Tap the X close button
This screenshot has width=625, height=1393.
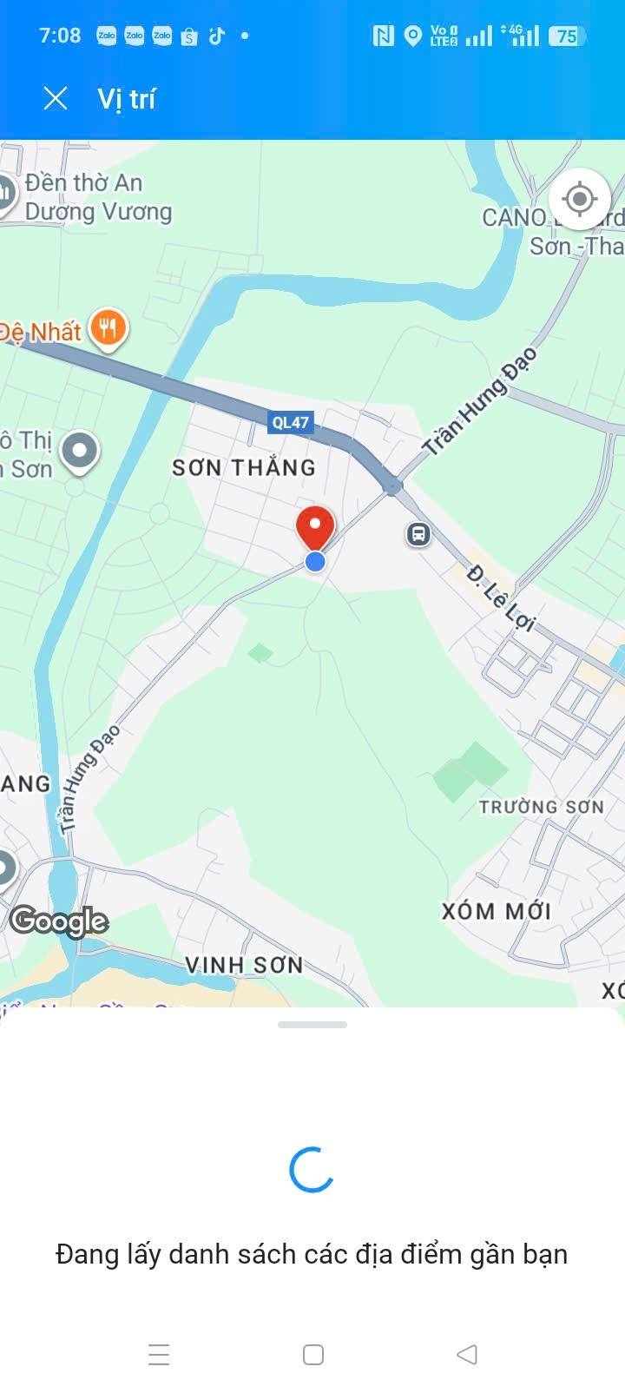coord(56,99)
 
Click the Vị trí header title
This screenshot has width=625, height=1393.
coord(126,99)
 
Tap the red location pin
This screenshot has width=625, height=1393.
coord(315,525)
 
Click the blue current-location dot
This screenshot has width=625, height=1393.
coord(315,562)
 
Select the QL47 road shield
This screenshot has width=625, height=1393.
coord(290,423)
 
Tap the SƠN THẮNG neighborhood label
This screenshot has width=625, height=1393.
coord(244,468)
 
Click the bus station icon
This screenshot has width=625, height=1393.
coord(418,533)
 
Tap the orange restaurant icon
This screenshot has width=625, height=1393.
coord(108,329)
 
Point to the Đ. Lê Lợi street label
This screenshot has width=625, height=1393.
coord(502,598)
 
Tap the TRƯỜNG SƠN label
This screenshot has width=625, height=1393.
coord(541,807)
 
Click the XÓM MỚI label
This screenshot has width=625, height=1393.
coord(497,911)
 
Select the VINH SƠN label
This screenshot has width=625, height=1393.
coord(244,965)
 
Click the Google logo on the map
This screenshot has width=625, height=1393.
coord(59,921)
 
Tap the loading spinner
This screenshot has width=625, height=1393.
coord(312,1169)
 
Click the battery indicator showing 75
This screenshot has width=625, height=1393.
coord(567,36)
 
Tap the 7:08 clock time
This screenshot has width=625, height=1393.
coord(60,36)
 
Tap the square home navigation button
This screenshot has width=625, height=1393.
coord(312,1355)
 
